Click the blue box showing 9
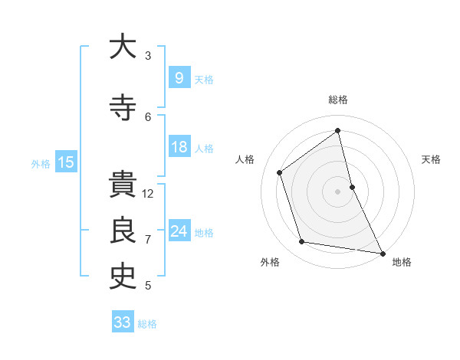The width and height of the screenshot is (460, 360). click(x=179, y=77)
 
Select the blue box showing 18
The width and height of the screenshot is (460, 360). click(x=179, y=147)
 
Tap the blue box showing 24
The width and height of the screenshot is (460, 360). click(x=179, y=231)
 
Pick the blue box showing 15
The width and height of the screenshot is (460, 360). click(x=65, y=162)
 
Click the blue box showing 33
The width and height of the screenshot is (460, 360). click(x=122, y=322)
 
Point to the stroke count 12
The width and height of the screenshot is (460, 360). click(x=148, y=194)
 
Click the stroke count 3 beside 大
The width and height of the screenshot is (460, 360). click(x=148, y=55)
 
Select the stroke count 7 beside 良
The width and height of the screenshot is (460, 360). click(x=148, y=240)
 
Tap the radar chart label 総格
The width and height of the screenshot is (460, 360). click(x=338, y=100)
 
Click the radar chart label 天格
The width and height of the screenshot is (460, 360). click(x=432, y=159)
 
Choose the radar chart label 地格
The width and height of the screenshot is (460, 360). click(x=402, y=262)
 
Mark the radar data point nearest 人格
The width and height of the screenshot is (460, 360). click(x=280, y=172)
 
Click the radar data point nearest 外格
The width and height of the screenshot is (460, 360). click(x=302, y=242)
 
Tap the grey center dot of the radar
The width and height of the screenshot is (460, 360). click(x=337, y=191)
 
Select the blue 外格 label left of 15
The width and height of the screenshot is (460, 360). click(x=40, y=163)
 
